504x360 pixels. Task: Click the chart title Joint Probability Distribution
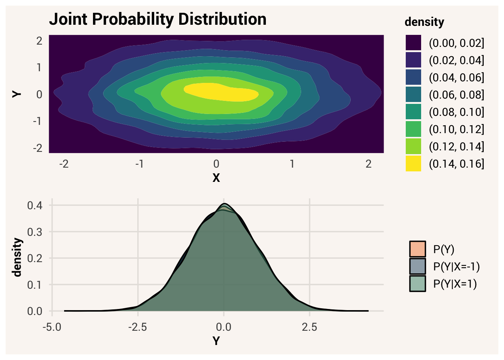157,19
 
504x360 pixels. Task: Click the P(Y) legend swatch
418,249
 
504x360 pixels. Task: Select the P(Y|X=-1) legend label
456,267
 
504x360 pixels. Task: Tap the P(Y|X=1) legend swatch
418,284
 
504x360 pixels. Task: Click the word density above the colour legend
424,22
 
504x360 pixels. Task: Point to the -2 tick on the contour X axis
64,164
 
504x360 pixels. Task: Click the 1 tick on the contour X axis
292,164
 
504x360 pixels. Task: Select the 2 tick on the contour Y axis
39,41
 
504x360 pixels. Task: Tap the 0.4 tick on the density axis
34,205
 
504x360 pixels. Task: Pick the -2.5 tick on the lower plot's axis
138,327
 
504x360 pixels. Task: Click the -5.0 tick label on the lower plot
52,327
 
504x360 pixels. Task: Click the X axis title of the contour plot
216,178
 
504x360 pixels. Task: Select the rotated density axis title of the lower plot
17,257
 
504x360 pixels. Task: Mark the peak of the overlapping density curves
224,204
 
